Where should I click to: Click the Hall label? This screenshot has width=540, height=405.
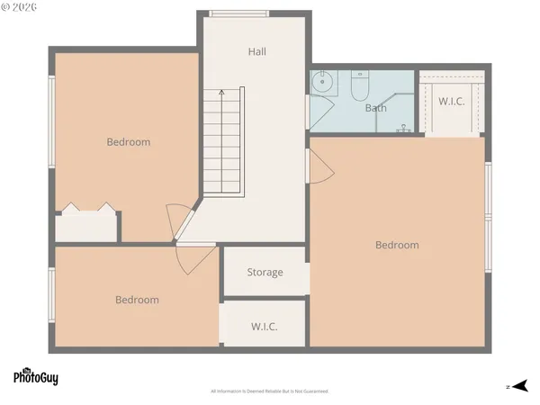[x=257, y=52]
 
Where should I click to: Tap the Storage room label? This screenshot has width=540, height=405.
[x=265, y=272]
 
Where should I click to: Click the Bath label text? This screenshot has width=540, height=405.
[x=376, y=108]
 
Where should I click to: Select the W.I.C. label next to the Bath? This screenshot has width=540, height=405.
[x=452, y=101]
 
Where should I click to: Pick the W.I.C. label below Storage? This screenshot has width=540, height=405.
[x=265, y=326]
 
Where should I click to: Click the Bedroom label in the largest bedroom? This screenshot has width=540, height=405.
[x=397, y=245]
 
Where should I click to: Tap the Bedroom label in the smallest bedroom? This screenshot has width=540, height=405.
[x=137, y=300]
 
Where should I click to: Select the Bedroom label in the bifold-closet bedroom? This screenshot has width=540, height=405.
[x=129, y=141]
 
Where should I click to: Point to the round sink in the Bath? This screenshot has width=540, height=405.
[x=323, y=84]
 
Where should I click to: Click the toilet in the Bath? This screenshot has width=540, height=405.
[x=359, y=86]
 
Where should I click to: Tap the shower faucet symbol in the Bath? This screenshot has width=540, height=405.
[x=405, y=129]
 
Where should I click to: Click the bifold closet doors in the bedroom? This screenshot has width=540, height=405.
[x=87, y=210]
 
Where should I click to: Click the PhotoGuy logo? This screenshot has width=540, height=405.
[x=36, y=376]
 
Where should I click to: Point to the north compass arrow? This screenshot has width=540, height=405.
[x=518, y=386]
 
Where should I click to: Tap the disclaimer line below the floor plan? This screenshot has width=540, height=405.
[x=270, y=391]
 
